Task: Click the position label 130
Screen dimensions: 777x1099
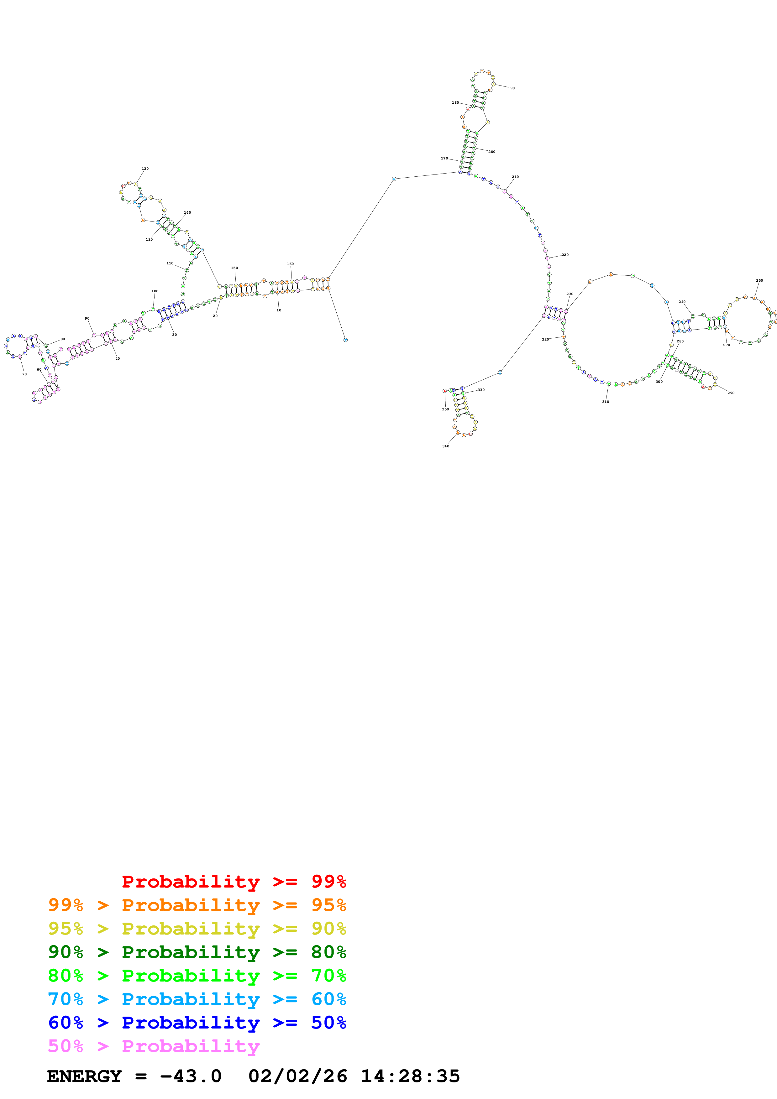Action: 145,169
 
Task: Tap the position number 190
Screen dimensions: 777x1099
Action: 511,88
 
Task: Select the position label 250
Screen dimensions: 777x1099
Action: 759,280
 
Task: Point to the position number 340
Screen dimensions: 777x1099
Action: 446,446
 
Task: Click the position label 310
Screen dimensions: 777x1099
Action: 606,402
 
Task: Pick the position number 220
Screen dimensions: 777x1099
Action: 565,255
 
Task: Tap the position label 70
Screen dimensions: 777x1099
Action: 24,374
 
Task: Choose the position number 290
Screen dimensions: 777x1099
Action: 731,393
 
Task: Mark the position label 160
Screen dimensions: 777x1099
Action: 290,264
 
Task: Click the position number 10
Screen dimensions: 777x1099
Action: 279,310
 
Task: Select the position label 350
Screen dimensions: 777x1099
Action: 445,409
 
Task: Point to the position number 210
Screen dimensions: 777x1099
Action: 515,177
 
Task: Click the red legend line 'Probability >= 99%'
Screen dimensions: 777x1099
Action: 234,882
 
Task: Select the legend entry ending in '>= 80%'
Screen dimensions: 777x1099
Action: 197,952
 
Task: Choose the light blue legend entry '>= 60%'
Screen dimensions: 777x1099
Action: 197,999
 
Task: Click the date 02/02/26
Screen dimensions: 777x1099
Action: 297,1076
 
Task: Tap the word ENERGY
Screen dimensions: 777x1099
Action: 84,1076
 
